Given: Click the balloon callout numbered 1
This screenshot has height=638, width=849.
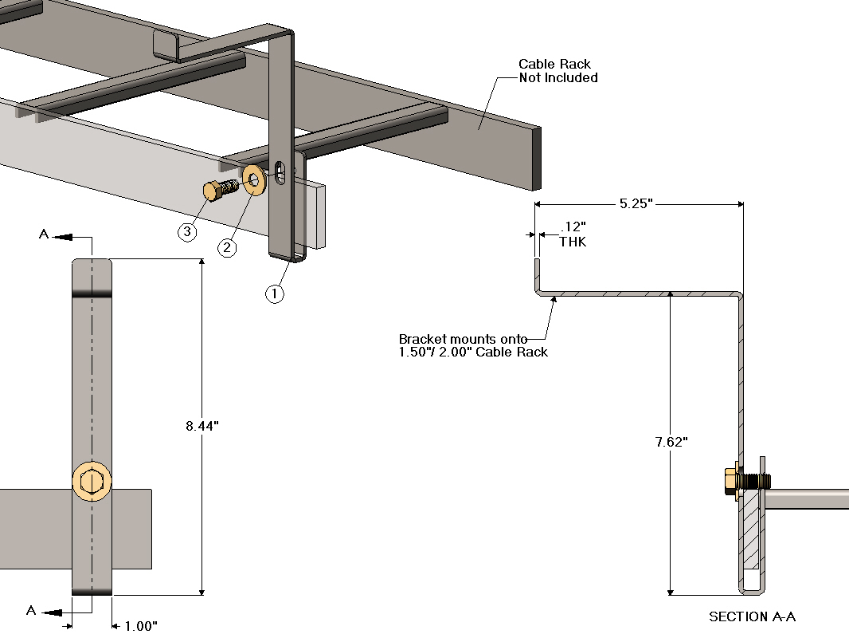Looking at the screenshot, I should (274, 293).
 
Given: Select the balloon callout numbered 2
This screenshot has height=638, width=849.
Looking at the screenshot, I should (228, 247).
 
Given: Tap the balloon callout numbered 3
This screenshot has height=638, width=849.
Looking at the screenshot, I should (186, 232).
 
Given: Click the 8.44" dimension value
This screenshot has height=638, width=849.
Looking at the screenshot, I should (201, 426).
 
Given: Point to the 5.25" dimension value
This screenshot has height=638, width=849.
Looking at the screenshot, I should (636, 203).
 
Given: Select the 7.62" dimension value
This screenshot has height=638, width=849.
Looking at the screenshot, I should (671, 441).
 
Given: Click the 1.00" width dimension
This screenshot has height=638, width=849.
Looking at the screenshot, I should (140, 626).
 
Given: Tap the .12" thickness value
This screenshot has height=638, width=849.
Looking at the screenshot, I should (571, 228).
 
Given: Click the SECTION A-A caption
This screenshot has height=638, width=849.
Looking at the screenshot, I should (752, 616).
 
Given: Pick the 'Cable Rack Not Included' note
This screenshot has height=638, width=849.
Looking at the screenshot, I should (558, 71).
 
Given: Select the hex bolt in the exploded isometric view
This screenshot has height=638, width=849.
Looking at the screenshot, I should (219, 189).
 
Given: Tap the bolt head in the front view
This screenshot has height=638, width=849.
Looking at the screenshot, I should (92, 482).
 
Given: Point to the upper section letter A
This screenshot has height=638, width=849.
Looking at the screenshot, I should (43, 234).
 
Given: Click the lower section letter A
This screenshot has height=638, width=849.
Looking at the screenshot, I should (31, 610).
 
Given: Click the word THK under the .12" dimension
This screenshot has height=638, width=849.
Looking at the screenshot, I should (573, 242).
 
